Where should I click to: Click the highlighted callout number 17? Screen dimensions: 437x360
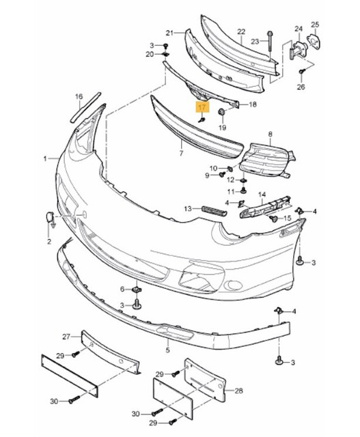coord(202,107)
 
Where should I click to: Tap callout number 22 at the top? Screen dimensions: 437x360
coord(240,31)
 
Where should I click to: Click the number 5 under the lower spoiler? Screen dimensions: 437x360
coord(167,350)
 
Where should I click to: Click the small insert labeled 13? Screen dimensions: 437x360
coord(212,208)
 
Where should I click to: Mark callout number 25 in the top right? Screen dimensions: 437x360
coord(314,25)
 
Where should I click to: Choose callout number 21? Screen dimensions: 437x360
coord(169,32)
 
